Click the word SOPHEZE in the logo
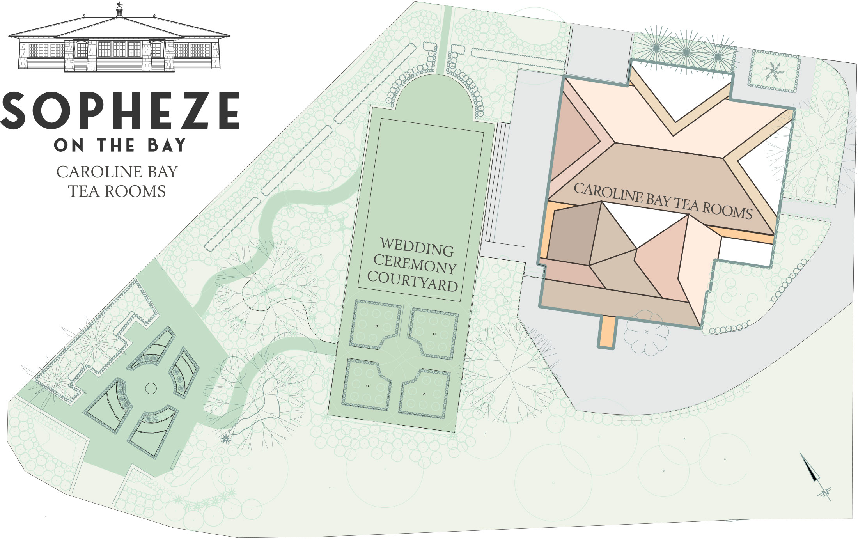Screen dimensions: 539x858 point(120,111)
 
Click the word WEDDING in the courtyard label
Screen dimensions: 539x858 point(417,247)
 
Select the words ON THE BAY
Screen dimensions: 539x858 point(120,145)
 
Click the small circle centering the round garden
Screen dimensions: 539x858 point(151,388)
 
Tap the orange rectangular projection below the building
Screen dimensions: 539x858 point(607,332)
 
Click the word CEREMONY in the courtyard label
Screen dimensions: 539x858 point(415,264)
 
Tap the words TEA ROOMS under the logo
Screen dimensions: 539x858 point(117,191)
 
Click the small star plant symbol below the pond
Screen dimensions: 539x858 point(225,440)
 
